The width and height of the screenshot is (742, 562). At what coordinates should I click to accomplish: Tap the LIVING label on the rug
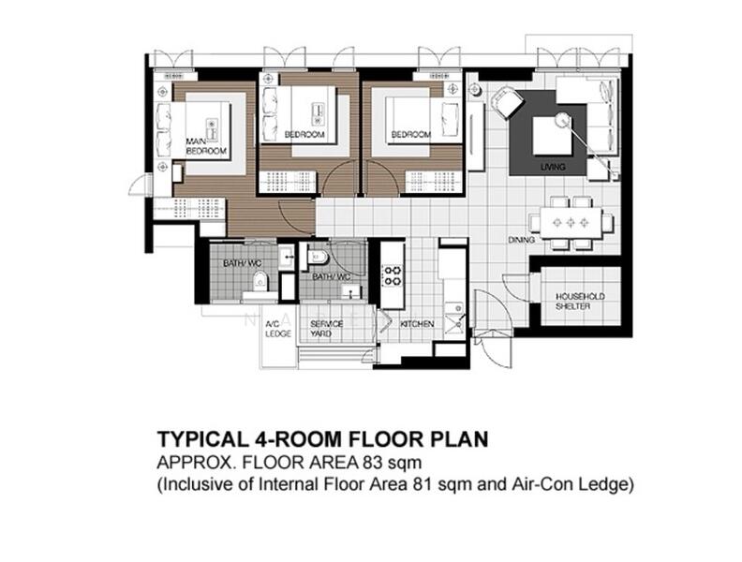(x=553, y=168)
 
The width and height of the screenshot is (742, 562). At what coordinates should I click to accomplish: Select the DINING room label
(x=521, y=240)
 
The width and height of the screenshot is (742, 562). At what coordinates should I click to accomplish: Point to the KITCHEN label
(x=416, y=324)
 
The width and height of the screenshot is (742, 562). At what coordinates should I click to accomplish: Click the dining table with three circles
(x=571, y=223)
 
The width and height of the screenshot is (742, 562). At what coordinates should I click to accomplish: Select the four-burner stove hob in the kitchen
(x=390, y=274)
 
